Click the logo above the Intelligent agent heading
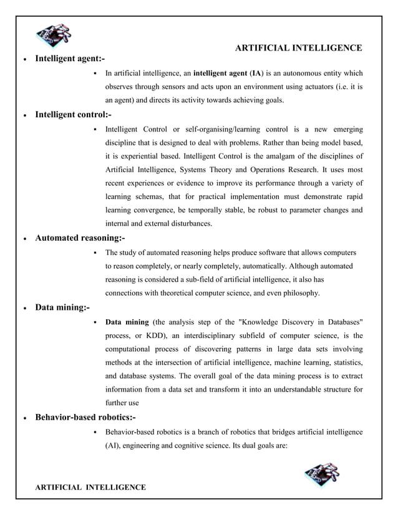[54, 36]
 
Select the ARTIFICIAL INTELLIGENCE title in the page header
[298, 48]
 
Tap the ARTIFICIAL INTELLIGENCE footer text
[90, 486]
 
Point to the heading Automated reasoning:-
[80, 238]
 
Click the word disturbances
[186, 223]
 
